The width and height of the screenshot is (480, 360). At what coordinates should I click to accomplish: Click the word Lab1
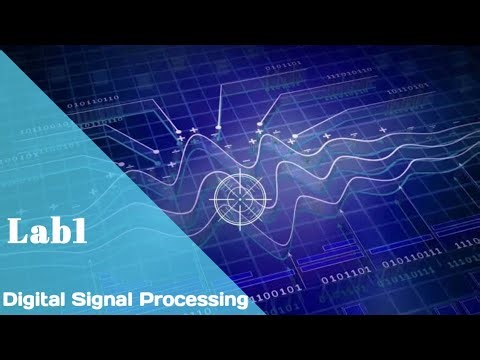coord(47,231)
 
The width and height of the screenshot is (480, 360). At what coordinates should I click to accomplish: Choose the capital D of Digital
coord(9,299)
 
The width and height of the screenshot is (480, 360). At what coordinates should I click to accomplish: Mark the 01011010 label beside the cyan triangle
coord(92,100)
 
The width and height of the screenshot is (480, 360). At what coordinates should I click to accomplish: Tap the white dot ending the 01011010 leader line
coord(154,151)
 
